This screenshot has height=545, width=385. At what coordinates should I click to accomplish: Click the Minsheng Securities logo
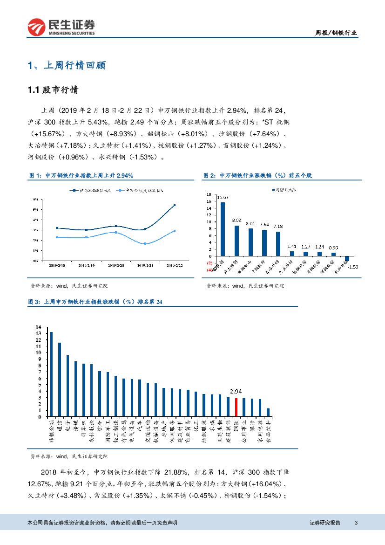pos(61,28)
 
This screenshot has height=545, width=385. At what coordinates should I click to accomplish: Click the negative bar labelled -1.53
pos(346,258)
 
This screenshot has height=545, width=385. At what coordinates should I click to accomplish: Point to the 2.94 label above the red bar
pos(236,392)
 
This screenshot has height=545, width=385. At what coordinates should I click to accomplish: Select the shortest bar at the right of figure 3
pos(268,412)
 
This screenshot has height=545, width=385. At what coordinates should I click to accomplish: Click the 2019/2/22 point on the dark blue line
pos(175,205)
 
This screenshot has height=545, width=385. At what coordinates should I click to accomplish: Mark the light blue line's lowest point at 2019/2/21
pos(145,243)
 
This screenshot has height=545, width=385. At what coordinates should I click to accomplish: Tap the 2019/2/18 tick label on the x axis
pos(57,265)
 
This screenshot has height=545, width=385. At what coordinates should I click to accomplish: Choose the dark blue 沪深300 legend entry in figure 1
pos(90,190)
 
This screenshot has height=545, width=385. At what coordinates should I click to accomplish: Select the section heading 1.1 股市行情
pos(54,90)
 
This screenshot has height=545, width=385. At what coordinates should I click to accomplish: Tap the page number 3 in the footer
pos(356,523)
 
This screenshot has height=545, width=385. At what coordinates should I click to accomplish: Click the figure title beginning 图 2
pos(257,176)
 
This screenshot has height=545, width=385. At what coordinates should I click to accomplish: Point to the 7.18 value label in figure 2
pos(278,226)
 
